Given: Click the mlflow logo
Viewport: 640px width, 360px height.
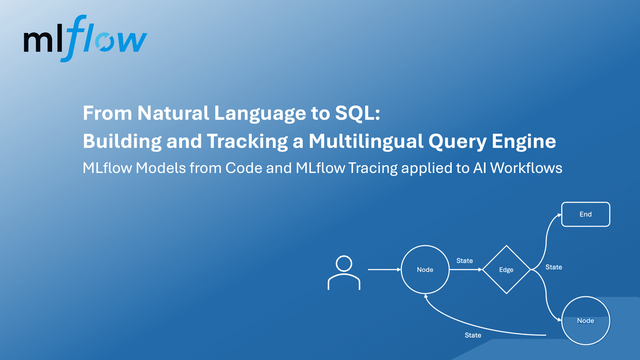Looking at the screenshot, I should (x=85, y=39).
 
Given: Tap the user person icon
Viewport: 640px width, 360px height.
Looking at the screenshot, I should (x=344, y=273).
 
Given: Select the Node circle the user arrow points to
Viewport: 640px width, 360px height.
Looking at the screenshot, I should (x=425, y=270).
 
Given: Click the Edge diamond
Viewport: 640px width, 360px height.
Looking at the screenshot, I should (x=506, y=270).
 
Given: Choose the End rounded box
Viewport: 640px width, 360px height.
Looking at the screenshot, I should (x=586, y=214).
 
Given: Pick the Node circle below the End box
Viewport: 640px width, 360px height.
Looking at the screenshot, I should (x=586, y=321).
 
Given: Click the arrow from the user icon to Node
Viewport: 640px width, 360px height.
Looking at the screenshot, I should (x=384, y=270).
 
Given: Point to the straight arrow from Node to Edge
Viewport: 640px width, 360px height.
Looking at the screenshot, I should (x=465, y=270).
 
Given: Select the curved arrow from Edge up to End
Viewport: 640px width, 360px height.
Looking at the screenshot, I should (x=545, y=238).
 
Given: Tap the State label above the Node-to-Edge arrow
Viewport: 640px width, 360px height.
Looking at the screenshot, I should (x=464, y=261).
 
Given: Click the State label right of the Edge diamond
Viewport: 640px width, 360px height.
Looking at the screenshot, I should (x=554, y=267).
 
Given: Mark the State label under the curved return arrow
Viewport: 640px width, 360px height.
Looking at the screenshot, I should (x=473, y=335).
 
